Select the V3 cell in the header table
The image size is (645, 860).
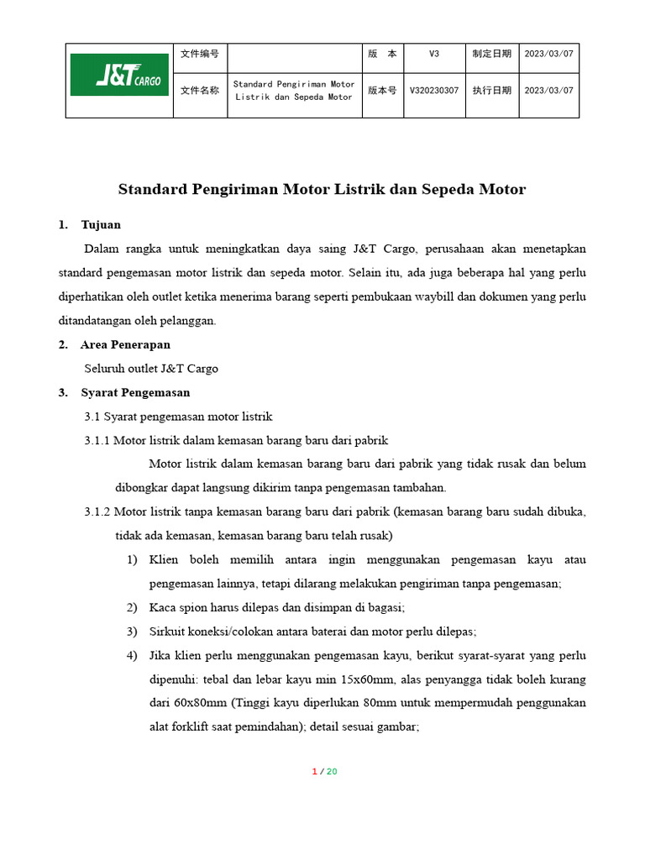(433, 54)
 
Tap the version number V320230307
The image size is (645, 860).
(433, 91)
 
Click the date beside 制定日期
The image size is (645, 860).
(548, 54)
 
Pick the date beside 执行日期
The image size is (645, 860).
(548, 91)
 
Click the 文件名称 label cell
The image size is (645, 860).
(200, 91)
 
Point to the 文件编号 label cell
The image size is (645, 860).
(200, 54)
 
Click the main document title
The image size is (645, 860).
(322, 189)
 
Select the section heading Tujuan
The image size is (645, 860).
(101, 224)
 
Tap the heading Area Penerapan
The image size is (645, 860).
(125, 344)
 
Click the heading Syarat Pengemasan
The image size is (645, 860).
(135, 392)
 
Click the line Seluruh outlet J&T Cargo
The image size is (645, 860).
(151, 368)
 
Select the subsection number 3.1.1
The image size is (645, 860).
(97, 440)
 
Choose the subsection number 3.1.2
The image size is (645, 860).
(97, 511)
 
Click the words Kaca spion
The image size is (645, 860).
(175, 607)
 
